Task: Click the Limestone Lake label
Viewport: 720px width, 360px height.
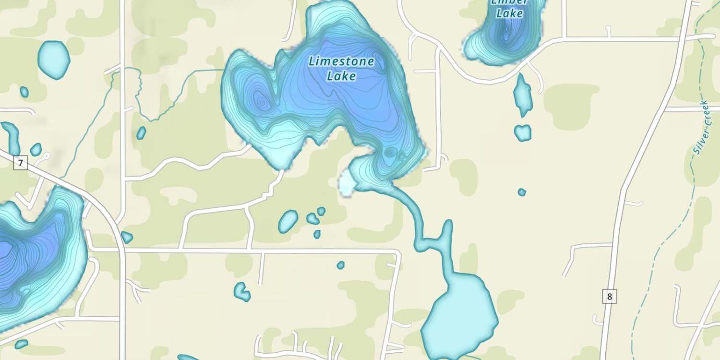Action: point(341,68)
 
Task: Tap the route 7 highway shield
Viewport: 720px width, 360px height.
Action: point(20,163)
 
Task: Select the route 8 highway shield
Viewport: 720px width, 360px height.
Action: point(609,297)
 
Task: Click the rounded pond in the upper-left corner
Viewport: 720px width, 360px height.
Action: point(53,59)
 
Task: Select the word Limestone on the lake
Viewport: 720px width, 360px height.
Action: point(341,61)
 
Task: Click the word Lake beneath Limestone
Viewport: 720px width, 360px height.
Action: point(341,76)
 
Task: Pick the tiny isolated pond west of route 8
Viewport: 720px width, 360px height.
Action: point(522,192)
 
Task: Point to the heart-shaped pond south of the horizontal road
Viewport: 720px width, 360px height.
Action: point(241,291)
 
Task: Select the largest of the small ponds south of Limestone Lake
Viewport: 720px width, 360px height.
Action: point(288,221)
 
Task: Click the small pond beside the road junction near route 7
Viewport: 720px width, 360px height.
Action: point(127,237)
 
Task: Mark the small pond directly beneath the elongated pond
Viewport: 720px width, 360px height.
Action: point(523,132)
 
